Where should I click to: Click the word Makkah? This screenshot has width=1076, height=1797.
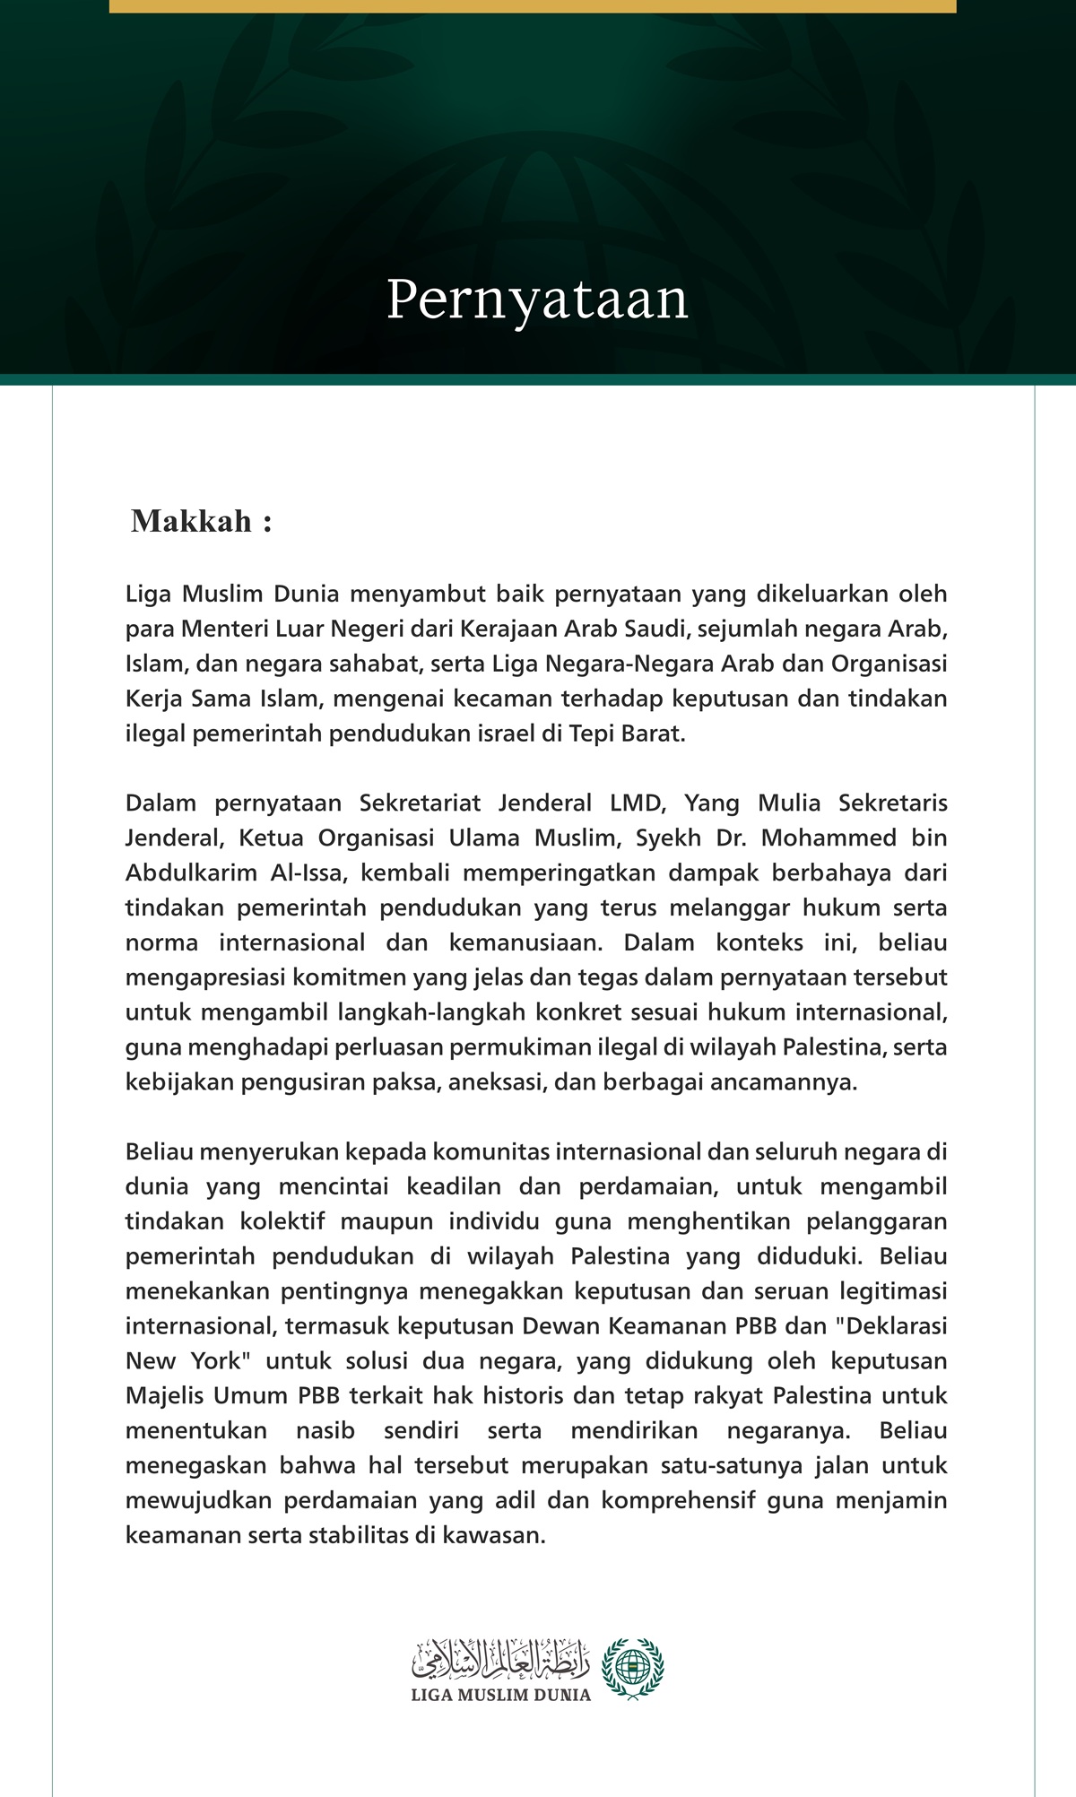[191, 522]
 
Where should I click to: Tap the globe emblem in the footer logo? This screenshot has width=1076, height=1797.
[633, 1667]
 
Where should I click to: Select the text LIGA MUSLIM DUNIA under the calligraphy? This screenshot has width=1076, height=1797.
[500, 1695]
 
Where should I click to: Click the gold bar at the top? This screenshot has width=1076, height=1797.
[533, 6]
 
